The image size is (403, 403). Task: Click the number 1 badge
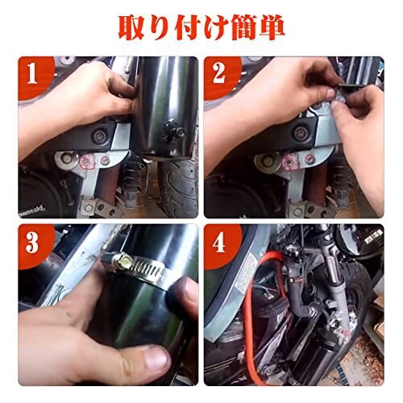click(32, 74)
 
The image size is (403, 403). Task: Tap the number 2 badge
click(219, 74)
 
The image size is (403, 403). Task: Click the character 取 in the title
click(133, 27)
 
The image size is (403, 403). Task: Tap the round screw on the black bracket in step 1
click(100, 136)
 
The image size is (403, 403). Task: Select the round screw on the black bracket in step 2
click(300, 132)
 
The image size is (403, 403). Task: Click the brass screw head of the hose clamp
click(126, 260)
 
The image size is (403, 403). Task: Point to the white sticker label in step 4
click(244, 272)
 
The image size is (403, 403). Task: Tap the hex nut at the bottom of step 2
click(297, 212)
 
